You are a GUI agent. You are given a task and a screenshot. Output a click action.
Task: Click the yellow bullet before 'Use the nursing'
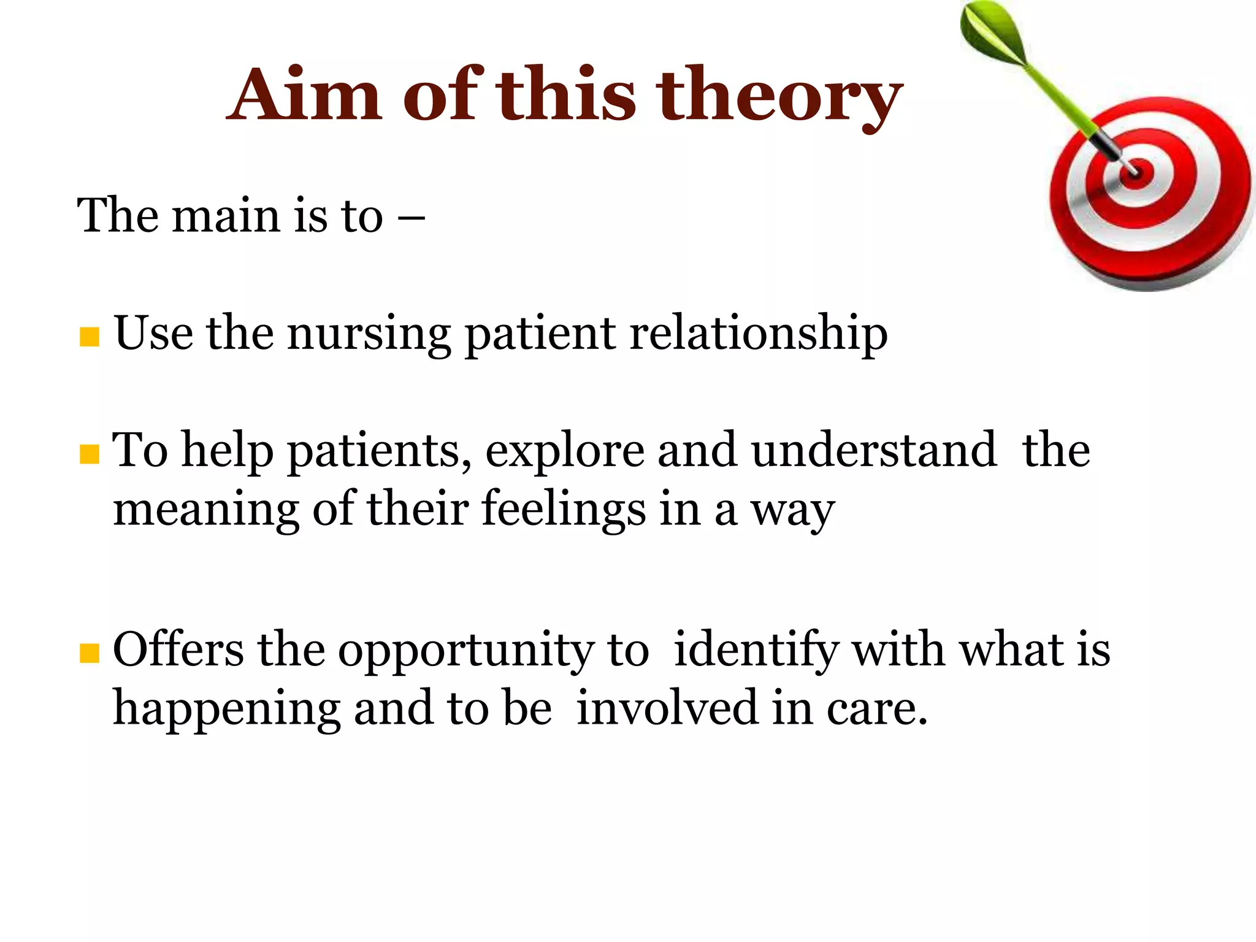[x=90, y=337]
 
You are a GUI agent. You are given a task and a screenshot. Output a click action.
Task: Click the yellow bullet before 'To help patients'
[x=90, y=454]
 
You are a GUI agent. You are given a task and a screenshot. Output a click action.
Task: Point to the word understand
[x=874, y=451]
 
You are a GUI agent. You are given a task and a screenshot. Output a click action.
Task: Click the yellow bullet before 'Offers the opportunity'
[x=90, y=653]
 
